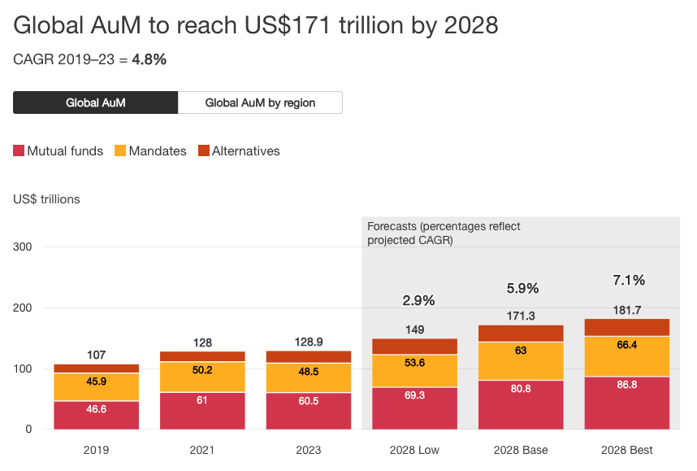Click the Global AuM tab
[96, 102]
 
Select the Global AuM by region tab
[260, 102]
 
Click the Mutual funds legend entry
[58, 150]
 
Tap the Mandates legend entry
[151, 150]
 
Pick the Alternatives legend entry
[240, 150]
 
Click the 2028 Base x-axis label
[521, 450]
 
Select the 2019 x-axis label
[96, 450]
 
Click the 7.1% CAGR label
[628, 280]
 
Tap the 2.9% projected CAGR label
[418, 300]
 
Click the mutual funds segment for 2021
[202, 410]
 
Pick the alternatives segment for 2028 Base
[521, 334]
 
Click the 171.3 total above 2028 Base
[521, 315]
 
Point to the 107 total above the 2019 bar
[96, 355]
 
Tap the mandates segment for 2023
[309, 377]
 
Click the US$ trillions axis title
[46, 198]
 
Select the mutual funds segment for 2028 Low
[415, 408]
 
